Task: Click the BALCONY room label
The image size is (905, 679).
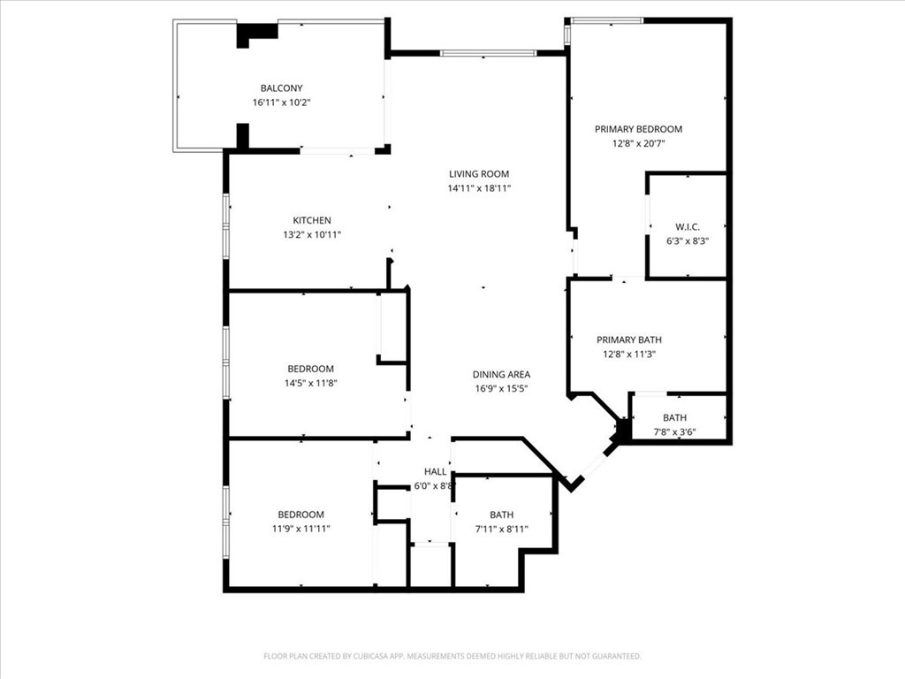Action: (281, 88)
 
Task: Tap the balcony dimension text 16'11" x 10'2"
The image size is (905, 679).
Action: (281, 103)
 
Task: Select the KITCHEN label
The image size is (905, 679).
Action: (312, 220)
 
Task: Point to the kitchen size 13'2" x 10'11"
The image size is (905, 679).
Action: (312, 235)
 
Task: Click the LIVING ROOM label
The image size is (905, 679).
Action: (479, 174)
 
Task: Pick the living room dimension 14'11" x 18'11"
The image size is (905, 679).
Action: (479, 188)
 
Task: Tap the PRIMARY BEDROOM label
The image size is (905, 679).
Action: (638, 129)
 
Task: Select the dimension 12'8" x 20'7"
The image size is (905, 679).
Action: (638, 143)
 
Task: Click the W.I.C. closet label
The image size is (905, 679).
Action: (688, 226)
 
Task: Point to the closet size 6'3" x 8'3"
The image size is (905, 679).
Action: (688, 240)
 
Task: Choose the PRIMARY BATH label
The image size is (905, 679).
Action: (629, 339)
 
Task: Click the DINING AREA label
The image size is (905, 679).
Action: (501, 374)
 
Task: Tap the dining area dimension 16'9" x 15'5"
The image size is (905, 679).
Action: (501, 388)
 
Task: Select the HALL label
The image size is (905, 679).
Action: (435, 471)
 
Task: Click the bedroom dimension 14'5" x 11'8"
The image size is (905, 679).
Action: (311, 383)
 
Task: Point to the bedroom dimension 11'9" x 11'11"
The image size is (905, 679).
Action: (300, 529)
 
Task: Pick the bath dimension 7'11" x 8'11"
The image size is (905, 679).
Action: (502, 529)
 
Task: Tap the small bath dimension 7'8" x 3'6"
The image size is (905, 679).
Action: (675, 432)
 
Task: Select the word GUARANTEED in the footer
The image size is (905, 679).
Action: (614, 656)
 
